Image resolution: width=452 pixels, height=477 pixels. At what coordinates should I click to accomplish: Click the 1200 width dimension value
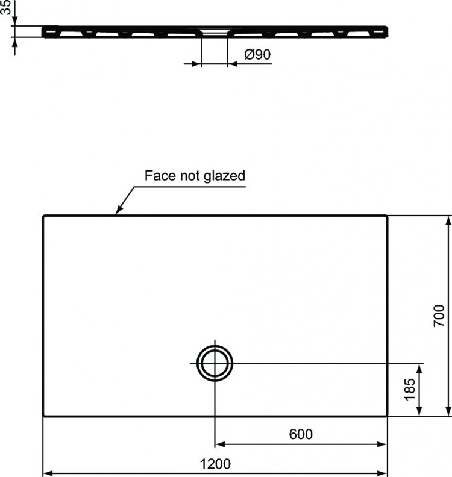[x=215, y=464]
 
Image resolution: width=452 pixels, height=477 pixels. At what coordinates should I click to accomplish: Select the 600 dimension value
[x=301, y=434]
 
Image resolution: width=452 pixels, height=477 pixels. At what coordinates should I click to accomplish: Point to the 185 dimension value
[x=410, y=390]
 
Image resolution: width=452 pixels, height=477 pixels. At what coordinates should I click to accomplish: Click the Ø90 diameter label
[x=257, y=55]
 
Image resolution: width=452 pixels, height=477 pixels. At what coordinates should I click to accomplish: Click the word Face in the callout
[x=158, y=176]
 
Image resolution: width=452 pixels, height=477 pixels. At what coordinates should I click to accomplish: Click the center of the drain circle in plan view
[x=215, y=363]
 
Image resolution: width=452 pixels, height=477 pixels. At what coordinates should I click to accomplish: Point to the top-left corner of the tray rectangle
[x=43, y=216]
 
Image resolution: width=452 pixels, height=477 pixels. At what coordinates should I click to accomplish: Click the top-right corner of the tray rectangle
[x=387, y=216]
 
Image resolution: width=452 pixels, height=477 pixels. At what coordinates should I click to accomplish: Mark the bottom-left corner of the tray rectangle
[x=43, y=415]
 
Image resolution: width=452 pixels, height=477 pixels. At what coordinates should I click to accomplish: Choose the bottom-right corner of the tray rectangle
[x=387, y=415]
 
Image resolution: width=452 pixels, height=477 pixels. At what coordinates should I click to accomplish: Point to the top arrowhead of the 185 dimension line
[x=420, y=367]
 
